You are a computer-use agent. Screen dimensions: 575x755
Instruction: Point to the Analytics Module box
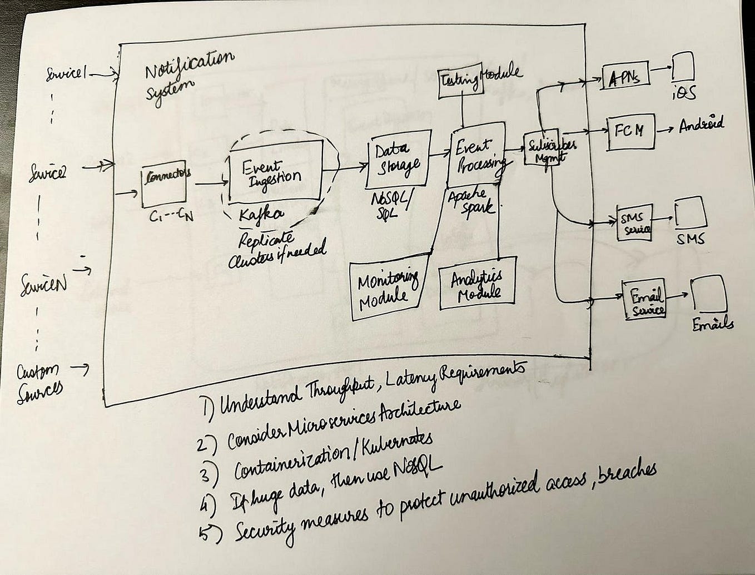[x=478, y=283]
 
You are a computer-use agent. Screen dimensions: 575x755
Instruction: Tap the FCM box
[x=630, y=132]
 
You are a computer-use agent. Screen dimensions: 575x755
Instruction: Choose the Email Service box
[x=644, y=299]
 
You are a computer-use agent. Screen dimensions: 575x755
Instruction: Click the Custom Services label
[x=40, y=380]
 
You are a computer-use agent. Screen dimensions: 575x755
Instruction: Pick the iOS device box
[x=683, y=67]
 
